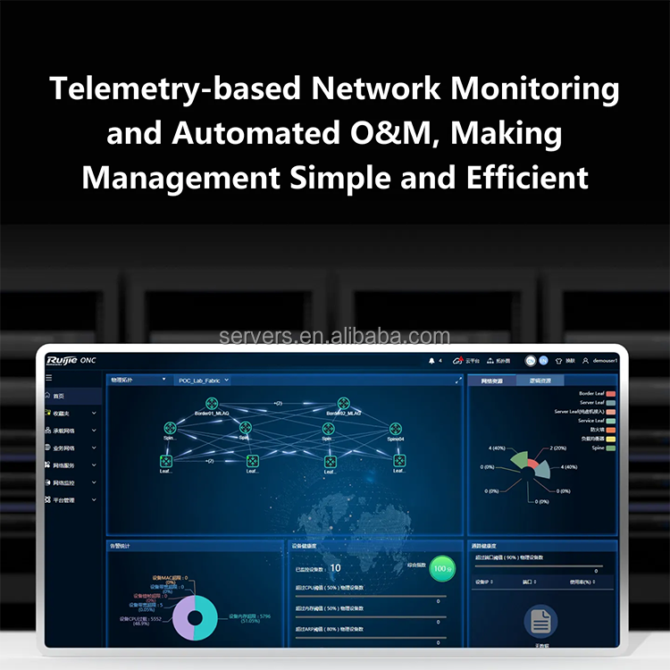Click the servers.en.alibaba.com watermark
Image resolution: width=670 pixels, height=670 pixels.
pyautogui.click(x=335, y=337)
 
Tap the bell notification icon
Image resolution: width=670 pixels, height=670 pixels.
pyautogui.click(x=432, y=360)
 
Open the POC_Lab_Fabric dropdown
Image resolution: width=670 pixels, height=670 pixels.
pyautogui.click(x=205, y=380)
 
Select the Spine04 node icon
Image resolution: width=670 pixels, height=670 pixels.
pyautogui.click(x=396, y=429)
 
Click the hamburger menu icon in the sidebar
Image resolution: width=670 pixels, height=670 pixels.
pyautogui.click(x=49, y=379)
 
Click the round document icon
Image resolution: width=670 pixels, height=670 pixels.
pyautogui.click(x=540, y=619)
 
